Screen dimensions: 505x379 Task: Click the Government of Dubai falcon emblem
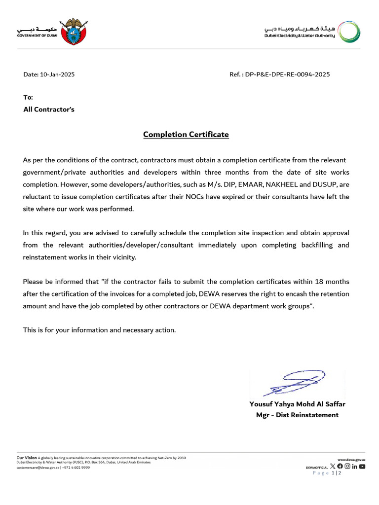73,32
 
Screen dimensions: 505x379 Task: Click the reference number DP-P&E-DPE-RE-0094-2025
287,74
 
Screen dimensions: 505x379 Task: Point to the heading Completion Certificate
186,134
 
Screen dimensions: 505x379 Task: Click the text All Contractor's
49,109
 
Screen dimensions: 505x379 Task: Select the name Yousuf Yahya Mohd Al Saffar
297,404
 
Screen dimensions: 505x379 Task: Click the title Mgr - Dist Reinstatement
297,415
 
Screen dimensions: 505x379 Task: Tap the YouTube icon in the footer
362,466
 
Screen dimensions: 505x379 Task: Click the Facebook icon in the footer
340,466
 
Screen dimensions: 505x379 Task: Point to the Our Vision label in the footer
27,458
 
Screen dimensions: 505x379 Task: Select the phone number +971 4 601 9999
76,468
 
